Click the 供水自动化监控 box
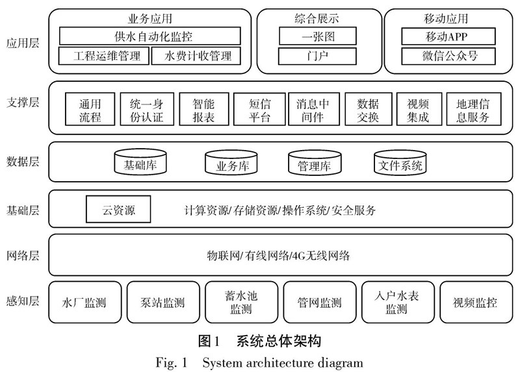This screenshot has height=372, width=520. pyautogui.click(x=149, y=36)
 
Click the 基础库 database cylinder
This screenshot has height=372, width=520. pyautogui.click(x=140, y=162)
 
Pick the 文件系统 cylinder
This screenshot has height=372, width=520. pyautogui.click(x=400, y=162)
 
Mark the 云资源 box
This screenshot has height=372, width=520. pyautogui.click(x=118, y=210)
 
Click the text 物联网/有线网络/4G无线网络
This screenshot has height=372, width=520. pyautogui.click(x=278, y=256)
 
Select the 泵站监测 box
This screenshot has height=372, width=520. pyautogui.click(x=162, y=303)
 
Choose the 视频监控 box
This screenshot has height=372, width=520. pyautogui.click(x=475, y=303)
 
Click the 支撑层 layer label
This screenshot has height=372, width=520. pyautogui.click(x=23, y=103)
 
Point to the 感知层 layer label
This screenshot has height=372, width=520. pyautogui.click(x=23, y=301)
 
